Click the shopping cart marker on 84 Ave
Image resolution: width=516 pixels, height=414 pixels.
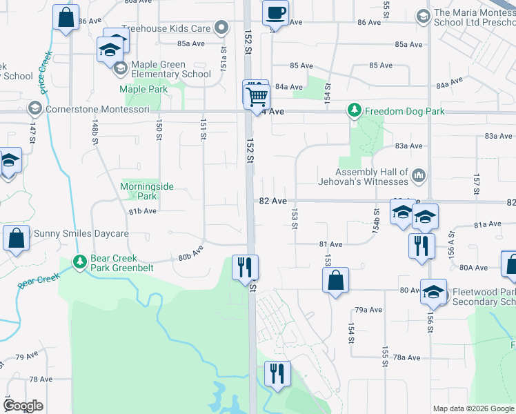tap(257, 95)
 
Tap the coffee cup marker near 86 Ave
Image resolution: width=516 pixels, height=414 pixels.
tap(275, 13)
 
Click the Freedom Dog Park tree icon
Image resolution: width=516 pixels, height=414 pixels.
tap(354, 110)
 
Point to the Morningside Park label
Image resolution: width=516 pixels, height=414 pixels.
tap(147, 191)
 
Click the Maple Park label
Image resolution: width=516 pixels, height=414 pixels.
tap(143, 90)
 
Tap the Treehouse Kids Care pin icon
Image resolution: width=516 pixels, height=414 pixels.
tap(221, 28)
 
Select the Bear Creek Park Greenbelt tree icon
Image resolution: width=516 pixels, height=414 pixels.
tap(80, 262)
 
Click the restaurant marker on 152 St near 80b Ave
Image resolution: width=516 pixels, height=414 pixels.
tap(244, 266)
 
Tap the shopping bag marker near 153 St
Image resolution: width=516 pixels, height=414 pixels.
tap(335, 281)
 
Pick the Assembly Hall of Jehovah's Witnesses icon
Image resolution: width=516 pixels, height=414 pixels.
tap(419, 177)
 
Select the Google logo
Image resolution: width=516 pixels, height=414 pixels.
tap(23, 406)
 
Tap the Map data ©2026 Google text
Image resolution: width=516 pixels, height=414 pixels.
tap(473, 408)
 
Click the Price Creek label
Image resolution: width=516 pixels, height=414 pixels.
tap(46, 71)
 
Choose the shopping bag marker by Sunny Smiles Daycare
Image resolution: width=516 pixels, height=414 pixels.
tap(17, 238)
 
